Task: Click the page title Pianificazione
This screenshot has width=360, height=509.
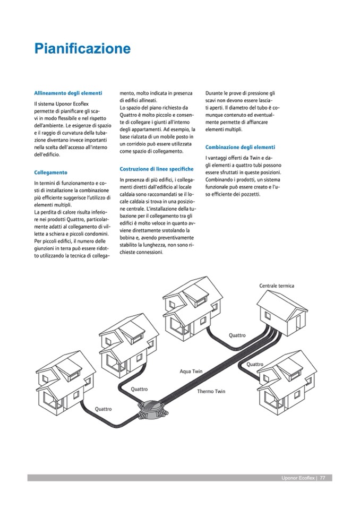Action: (x=82, y=49)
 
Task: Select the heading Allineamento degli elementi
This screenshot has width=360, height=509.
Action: (x=68, y=93)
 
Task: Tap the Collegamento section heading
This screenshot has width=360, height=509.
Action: (x=50, y=172)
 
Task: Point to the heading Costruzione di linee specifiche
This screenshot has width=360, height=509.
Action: (x=157, y=169)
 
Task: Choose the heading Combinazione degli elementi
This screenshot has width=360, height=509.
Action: (x=240, y=146)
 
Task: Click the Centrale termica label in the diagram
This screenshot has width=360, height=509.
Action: (x=277, y=286)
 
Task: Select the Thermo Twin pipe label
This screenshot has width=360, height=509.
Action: (x=211, y=392)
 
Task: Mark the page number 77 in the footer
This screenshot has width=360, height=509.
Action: (x=322, y=478)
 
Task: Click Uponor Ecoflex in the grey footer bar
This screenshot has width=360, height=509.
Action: (x=297, y=478)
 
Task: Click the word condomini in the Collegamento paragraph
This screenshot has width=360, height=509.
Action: (x=95, y=233)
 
